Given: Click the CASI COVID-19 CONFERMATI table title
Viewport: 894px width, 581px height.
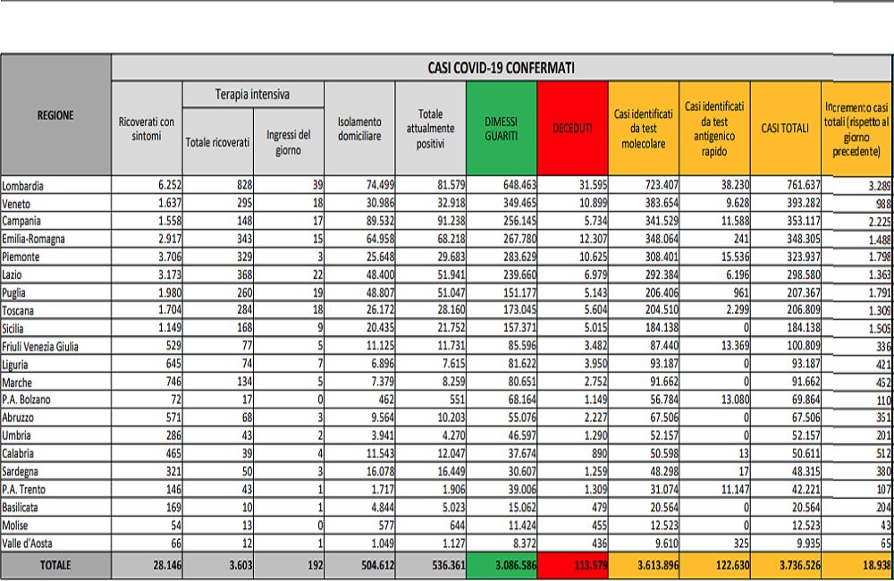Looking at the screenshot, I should [x=501, y=67].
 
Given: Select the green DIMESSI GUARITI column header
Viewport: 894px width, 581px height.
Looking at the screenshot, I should [x=502, y=128].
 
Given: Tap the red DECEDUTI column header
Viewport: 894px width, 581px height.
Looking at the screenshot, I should [x=572, y=128].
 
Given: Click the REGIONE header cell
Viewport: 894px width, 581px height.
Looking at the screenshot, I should [x=55, y=114].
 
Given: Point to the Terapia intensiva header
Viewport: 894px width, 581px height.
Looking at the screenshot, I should [x=252, y=94].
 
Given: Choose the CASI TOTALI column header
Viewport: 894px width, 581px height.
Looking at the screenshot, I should [x=785, y=128].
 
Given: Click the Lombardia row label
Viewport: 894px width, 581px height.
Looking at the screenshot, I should [x=24, y=186].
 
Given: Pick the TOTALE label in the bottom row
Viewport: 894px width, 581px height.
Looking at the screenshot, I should [x=55, y=565].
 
